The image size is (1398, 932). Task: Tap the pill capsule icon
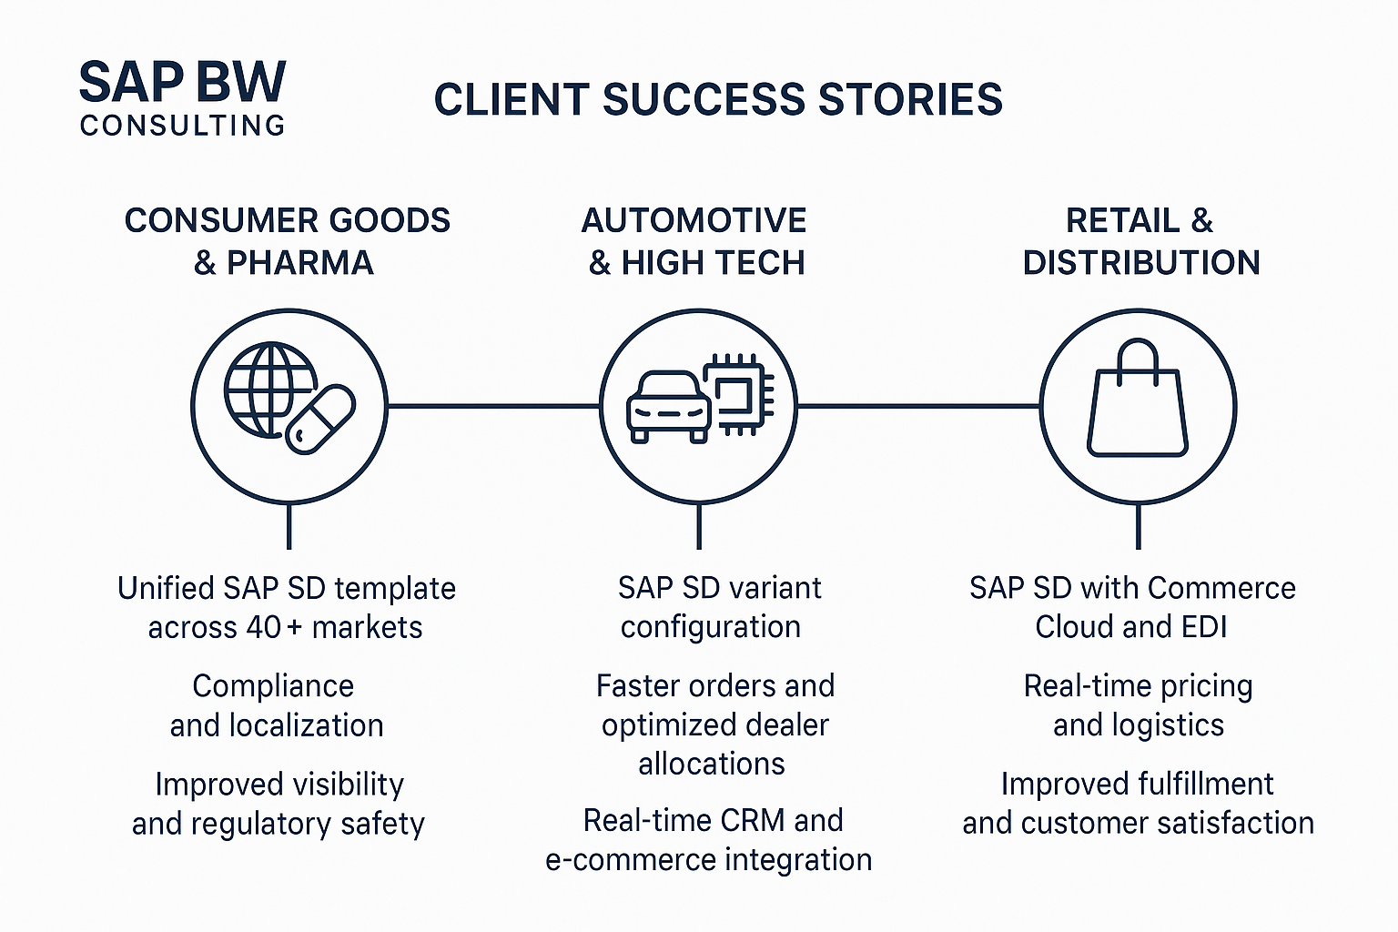(321, 420)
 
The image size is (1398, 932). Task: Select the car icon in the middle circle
(669, 407)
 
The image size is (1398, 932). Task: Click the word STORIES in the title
(909, 99)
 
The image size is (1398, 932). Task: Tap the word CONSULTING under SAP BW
(183, 126)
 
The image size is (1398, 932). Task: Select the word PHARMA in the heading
(299, 263)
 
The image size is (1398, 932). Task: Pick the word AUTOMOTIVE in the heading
(694, 220)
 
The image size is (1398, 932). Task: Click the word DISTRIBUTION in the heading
(1141, 263)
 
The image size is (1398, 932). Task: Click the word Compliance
(273, 686)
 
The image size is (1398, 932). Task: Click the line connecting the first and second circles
(493, 406)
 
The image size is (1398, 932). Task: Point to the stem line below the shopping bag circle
(1138, 526)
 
